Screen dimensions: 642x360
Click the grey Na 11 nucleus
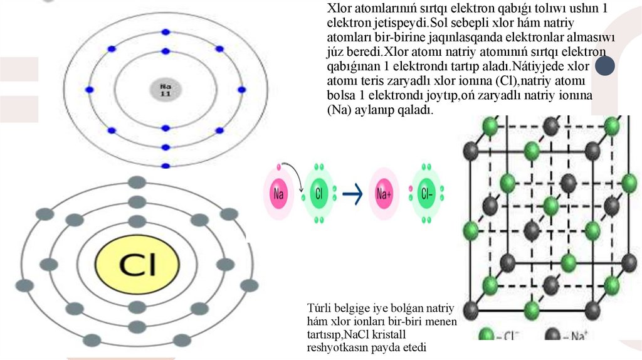point(166,90)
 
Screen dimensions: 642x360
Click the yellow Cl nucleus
point(135,266)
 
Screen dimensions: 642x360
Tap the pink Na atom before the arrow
point(279,194)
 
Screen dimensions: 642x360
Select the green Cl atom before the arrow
point(319,194)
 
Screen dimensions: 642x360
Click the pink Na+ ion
point(384,194)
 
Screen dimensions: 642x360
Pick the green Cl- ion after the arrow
point(426,194)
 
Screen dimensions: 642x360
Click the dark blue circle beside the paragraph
point(604,66)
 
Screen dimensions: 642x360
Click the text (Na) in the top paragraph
point(339,110)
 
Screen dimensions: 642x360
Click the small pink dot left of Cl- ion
point(410,188)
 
